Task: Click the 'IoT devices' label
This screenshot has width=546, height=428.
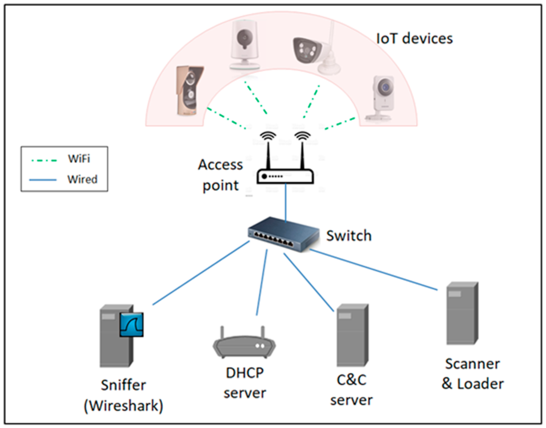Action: [414, 39]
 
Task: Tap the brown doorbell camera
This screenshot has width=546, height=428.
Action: [189, 90]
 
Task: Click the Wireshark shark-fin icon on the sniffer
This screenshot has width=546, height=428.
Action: [132, 324]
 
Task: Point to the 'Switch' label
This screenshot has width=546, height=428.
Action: [349, 236]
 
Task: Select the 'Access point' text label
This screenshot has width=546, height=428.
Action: [220, 175]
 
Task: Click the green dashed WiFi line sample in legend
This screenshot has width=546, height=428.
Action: [44, 160]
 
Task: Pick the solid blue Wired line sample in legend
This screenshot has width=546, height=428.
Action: [43, 180]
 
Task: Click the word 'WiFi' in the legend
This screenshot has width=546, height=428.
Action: [79, 158]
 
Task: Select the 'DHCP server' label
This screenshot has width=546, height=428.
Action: [245, 383]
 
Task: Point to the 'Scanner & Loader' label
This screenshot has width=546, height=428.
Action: [472, 374]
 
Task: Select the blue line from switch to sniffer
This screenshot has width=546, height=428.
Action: [201, 273]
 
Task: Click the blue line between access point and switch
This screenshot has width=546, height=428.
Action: [285, 202]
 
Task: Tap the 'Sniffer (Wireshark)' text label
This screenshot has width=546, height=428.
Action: [124, 395]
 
